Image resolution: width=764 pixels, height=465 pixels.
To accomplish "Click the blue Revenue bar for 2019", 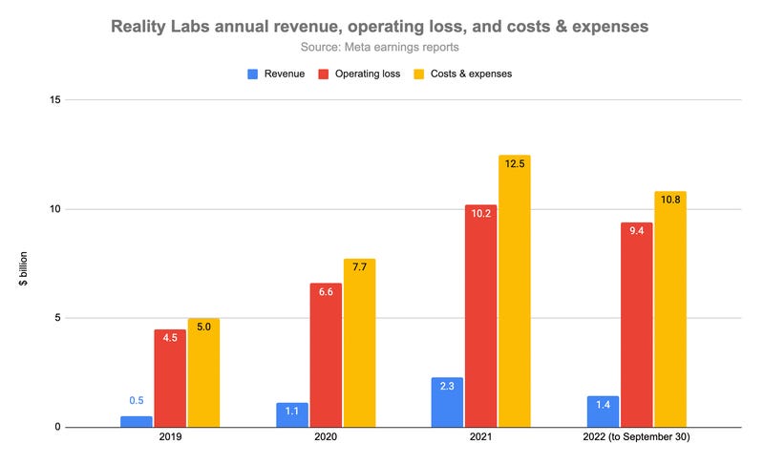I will (x=137, y=421).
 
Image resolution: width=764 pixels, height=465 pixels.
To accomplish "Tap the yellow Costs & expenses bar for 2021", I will (x=514, y=291).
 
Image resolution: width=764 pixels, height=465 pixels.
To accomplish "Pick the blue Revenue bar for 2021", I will (x=447, y=402).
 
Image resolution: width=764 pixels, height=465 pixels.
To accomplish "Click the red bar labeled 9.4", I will (x=637, y=325).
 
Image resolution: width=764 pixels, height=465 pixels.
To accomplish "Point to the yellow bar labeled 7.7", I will (x=359, y=343).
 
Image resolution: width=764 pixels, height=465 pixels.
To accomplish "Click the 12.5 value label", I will (x=514, y=164).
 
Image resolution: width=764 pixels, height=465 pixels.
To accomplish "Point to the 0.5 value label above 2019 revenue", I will (x=137, y=401).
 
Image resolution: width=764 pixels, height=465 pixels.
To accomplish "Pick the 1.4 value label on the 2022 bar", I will (x=604, y=406).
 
